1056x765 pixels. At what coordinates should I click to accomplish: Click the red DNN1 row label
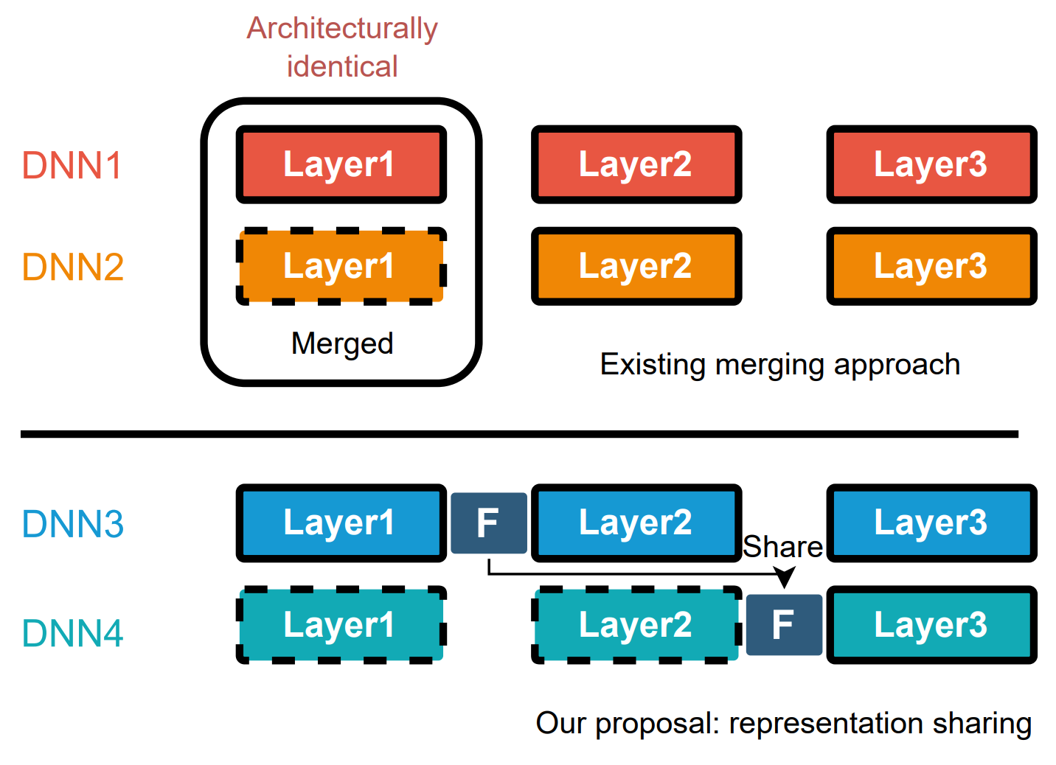[72, 165]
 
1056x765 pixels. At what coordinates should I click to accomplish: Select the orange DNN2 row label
[72, 267]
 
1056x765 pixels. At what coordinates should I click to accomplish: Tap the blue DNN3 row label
[72, 524]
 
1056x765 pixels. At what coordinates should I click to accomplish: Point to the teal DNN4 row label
[72, 633]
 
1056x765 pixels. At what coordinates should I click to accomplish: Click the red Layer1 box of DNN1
[341, 164]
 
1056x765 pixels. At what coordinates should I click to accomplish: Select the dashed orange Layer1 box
[341, 266]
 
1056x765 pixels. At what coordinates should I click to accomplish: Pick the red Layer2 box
[636, 164]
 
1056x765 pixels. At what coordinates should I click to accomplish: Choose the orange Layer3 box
[931, 266]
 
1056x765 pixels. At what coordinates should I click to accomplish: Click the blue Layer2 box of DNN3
[636, 523]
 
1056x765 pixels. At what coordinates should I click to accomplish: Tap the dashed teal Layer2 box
[636, 625]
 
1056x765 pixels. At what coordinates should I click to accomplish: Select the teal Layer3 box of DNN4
[931, 625]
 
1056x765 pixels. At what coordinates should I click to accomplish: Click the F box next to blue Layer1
[488, 523]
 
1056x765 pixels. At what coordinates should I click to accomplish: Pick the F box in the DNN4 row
[784, 625]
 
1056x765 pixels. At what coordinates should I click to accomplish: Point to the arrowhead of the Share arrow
[785, 577]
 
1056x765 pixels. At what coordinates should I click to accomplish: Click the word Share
[782, 547]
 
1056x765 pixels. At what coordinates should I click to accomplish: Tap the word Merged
[342, 343]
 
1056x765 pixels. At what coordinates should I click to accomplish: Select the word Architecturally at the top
[342, 29]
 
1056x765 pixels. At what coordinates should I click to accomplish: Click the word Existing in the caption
[653, 365]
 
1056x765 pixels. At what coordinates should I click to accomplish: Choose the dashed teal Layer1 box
[341, 625]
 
